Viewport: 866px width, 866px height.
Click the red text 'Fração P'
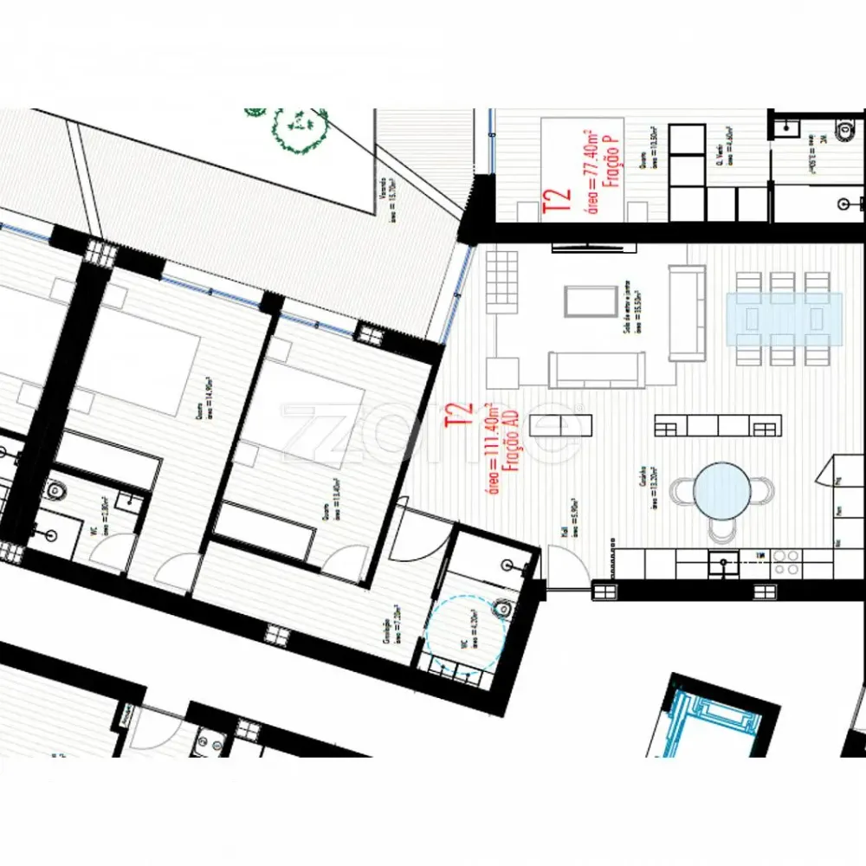click(606, 166)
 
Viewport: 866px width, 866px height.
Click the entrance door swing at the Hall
click(567, 563)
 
